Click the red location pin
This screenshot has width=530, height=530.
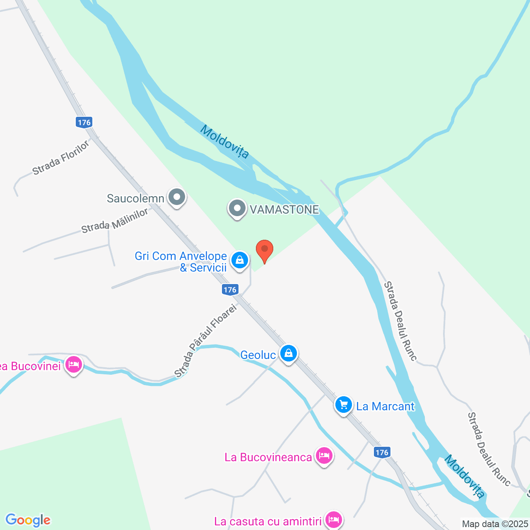pos(265,250)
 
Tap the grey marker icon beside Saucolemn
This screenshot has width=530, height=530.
pos(177,198)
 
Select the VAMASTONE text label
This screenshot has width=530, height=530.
pos(284,210)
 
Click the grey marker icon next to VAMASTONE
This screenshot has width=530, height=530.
pos(237,208)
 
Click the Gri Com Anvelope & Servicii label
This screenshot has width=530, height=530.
pos(181,262)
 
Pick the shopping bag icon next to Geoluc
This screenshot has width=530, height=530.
pos(288,354)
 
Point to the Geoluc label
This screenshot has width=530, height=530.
pos(258,355)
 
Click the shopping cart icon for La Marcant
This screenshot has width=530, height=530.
pos(343,405)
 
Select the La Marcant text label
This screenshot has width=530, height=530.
pos(385,406)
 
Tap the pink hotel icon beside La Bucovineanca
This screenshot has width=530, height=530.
pos(324,456)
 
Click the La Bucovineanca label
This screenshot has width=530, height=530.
pos(268,457)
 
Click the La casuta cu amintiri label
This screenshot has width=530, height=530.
pos(268,521)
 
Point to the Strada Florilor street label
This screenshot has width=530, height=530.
pos(61,158)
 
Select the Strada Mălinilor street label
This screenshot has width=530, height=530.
pos(115,221)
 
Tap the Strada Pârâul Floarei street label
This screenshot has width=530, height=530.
pos(205,341)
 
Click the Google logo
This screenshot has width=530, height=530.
pos(28,520)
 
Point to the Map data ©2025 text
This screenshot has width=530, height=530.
pos(495,524)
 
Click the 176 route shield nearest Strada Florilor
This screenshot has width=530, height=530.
pos(84,122)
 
